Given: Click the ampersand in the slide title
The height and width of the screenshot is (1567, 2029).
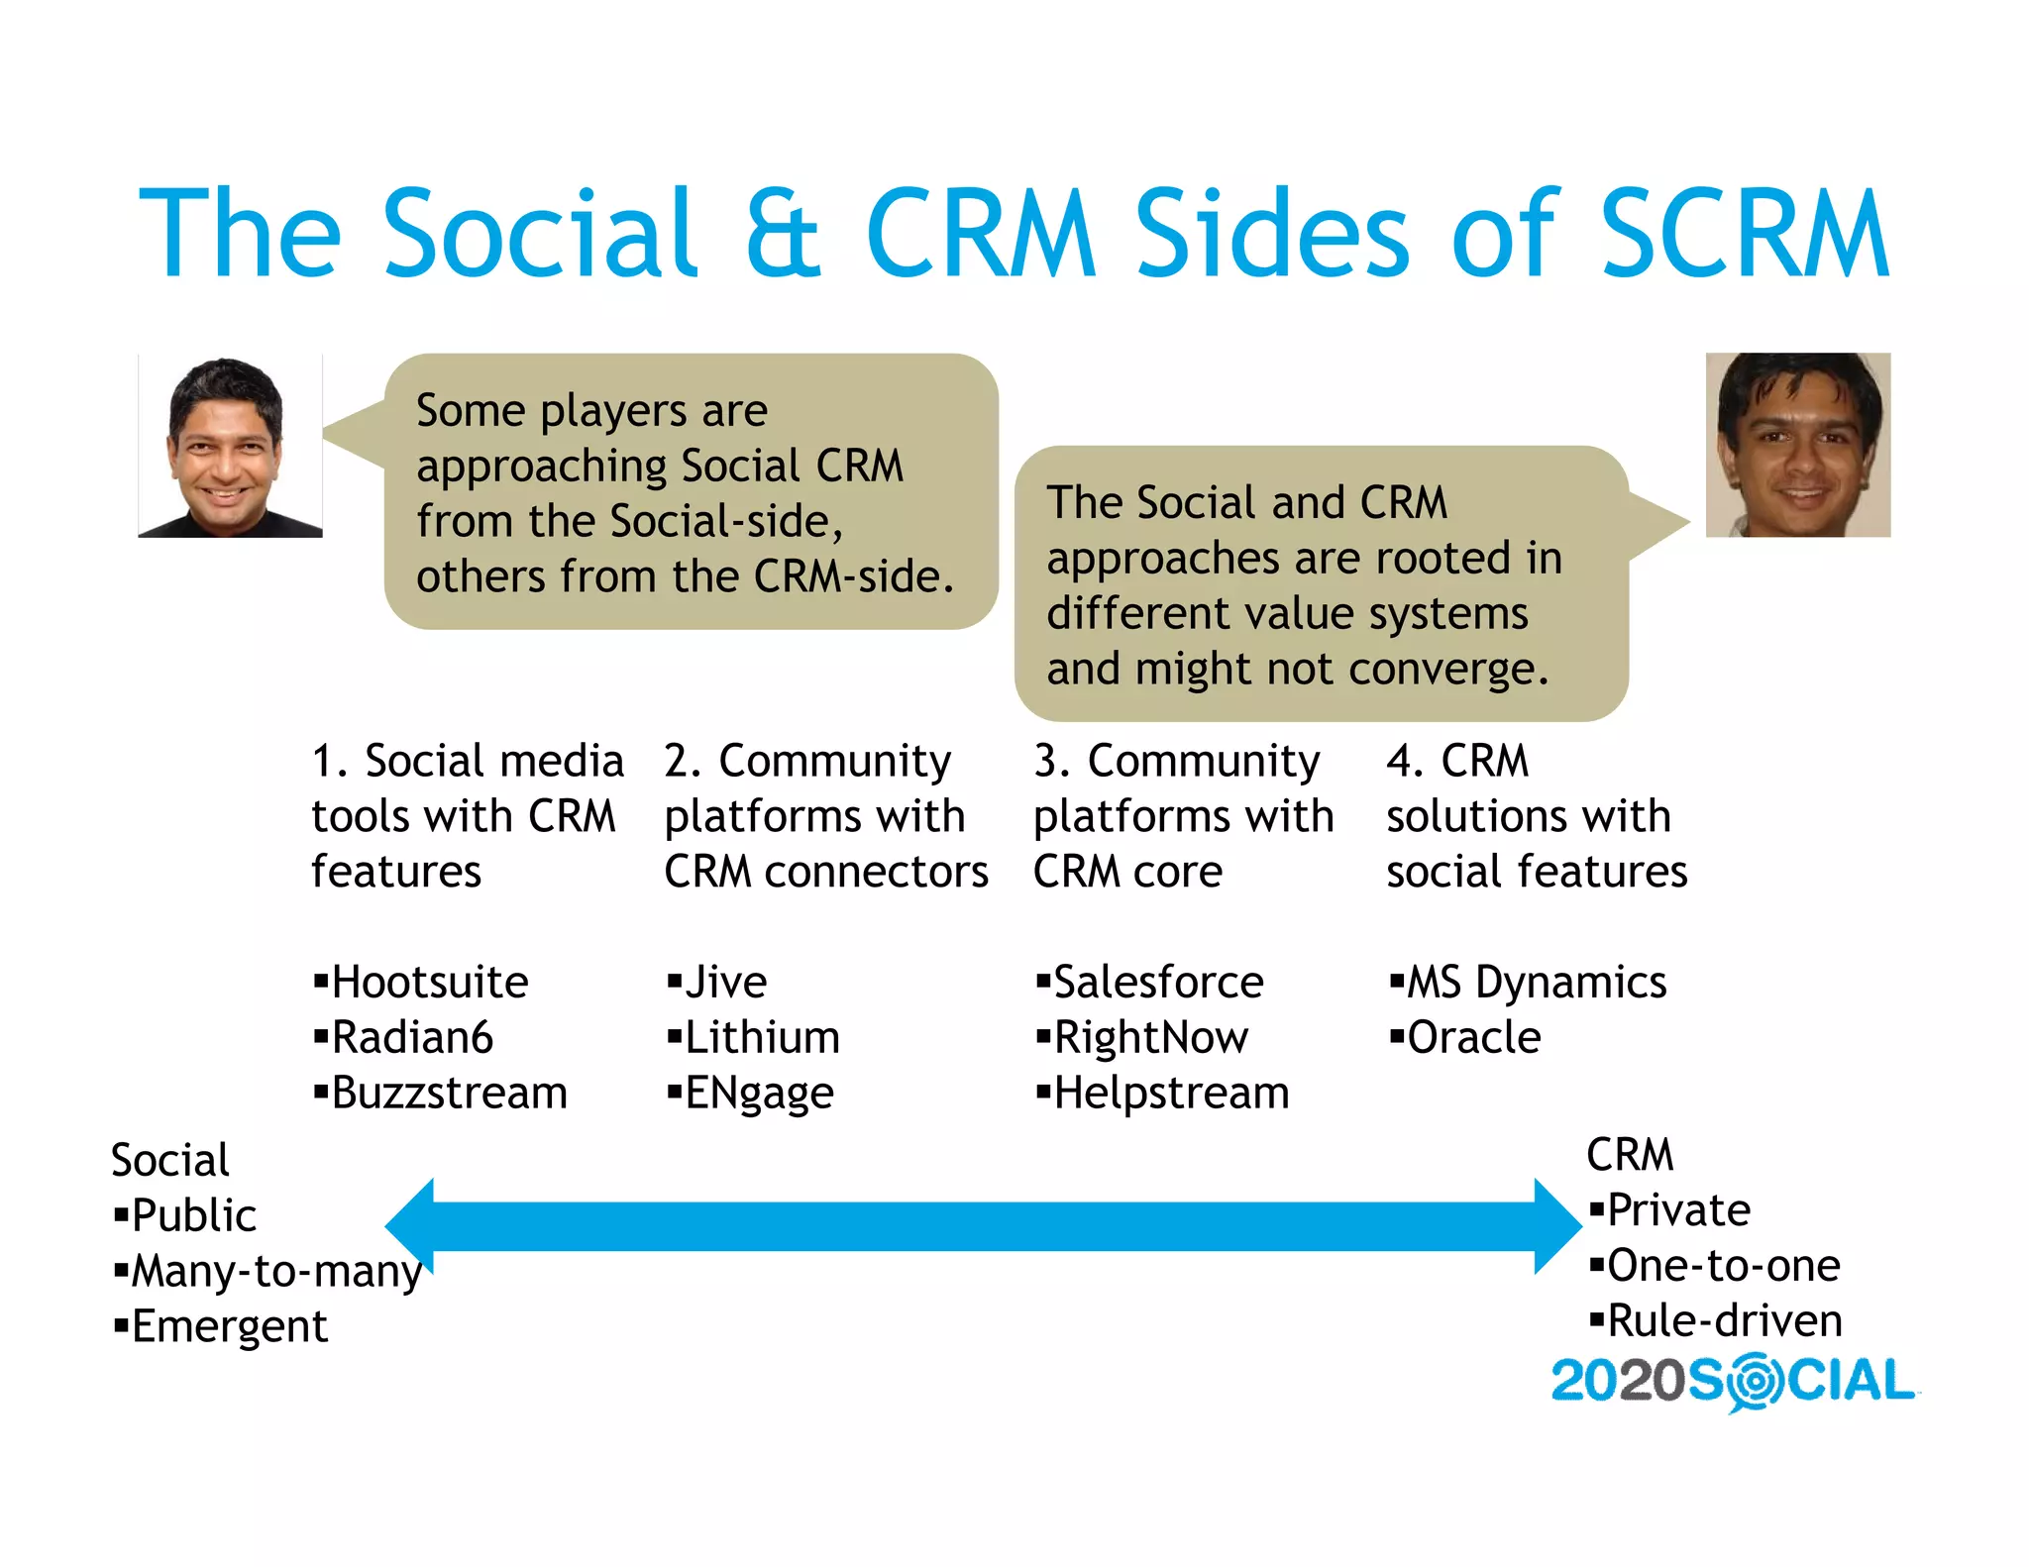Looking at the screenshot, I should click(783, 234).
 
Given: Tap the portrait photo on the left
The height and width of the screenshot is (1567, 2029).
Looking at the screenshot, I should click(230, 446).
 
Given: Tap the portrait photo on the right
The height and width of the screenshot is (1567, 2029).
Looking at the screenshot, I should click(1797, 445).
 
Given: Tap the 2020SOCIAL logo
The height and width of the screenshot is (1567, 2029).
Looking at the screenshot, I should click(1733, 1382).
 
